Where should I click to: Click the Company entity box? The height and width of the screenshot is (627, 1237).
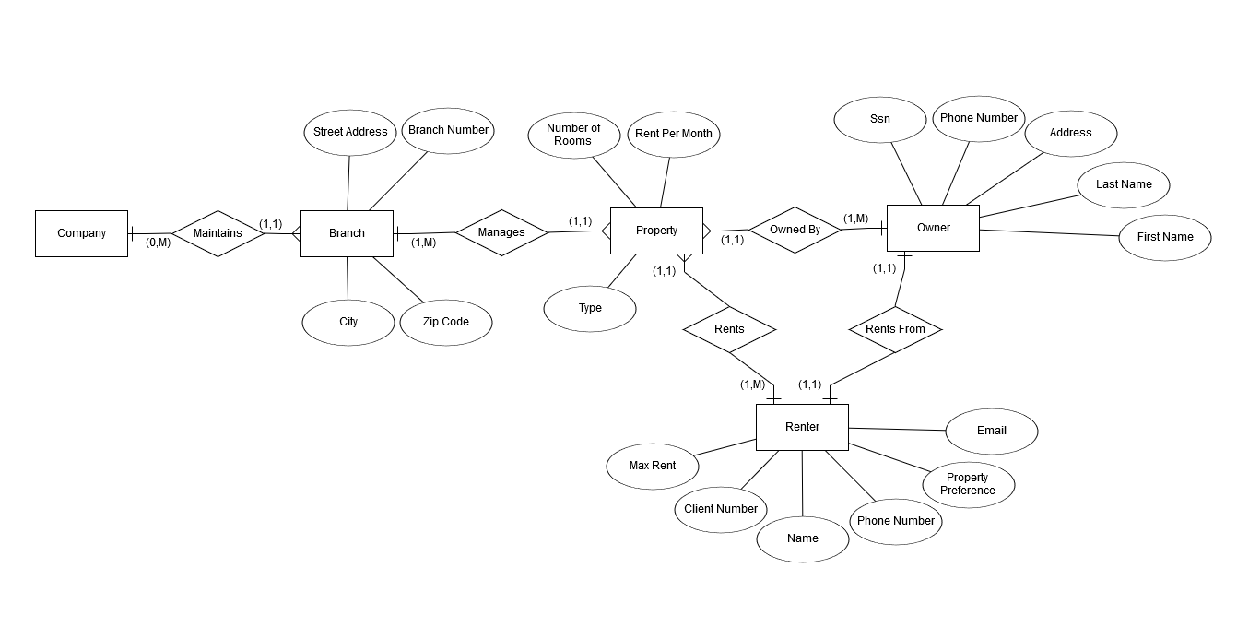click(x=81, y=233)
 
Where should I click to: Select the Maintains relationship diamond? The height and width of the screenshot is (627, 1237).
click(x=218, y=233)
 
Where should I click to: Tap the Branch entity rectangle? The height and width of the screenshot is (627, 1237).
click(x=347, y=233)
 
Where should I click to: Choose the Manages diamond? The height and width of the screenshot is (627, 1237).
click(x=501, y=232)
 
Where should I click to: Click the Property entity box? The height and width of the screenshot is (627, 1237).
click(x=656, y=231)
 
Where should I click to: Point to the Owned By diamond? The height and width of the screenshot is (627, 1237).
click(x=795, y=230)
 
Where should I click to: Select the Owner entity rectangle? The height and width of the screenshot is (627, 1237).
click(x=933, y=228)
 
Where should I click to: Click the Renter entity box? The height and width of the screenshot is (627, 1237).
click(x=802, y=427)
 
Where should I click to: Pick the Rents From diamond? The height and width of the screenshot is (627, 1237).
click(x=895, y=329)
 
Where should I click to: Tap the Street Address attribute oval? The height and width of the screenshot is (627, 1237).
click(x=350, y=132)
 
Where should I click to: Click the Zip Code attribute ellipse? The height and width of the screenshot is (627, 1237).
click(x=446, y=322)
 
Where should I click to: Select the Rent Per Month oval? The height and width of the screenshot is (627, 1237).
click(x=674, y=134)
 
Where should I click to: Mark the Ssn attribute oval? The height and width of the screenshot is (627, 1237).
click(x=879, y=120)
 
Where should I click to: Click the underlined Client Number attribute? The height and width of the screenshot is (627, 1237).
click(x=721, y=509)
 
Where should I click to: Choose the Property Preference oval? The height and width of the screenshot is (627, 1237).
click(x=968, y=484)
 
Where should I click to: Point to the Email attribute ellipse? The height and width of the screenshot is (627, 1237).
click(x=992, y=431)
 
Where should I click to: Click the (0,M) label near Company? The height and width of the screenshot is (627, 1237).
click(x=158, y=243)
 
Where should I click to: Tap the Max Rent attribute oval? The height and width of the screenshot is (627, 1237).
click(x=653, y=466)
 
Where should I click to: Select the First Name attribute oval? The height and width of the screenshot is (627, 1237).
click(x=1165, y=237)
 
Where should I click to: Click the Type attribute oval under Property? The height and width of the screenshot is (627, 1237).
click(x=590, y=308)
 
